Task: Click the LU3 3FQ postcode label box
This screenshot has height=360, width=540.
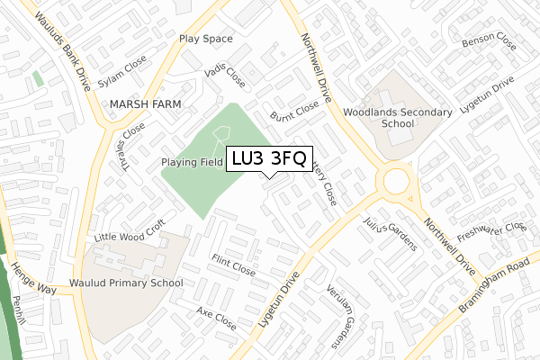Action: click(269, 158)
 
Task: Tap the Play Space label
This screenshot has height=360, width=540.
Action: click(205, 39)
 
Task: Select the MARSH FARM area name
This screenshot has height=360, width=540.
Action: click(144, 104)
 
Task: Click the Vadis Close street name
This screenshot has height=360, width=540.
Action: click(225, 76)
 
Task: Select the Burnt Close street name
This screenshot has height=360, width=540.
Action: click(295, 112)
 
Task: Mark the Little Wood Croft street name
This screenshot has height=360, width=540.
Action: click(130, 232)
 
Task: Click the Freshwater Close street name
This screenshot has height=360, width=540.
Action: click(490, 238)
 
